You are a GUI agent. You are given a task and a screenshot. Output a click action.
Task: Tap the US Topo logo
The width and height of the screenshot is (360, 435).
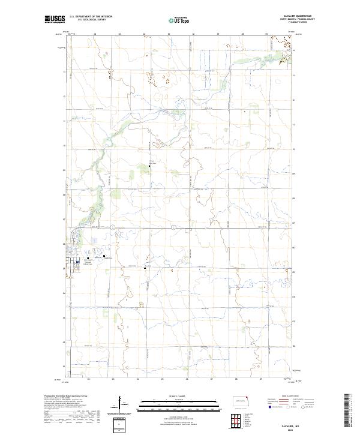point(180,20)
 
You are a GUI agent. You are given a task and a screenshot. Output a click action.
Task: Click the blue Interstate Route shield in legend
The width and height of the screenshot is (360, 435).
point(269,407)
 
